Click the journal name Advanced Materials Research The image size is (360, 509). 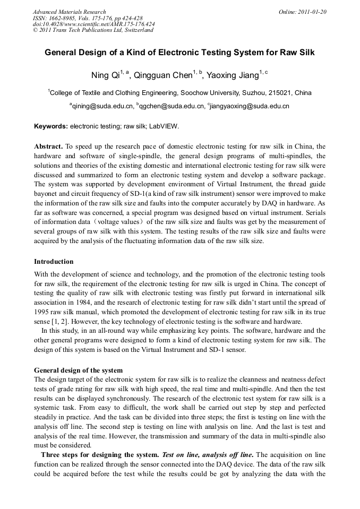70,12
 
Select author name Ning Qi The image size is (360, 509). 106,76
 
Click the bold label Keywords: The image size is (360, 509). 51,127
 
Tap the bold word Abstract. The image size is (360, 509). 48,145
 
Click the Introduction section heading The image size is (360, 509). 54,262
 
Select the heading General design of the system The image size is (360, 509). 78,370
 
